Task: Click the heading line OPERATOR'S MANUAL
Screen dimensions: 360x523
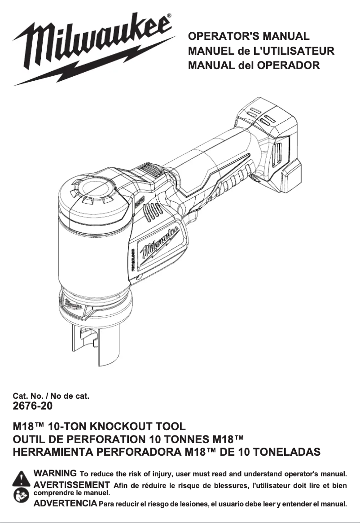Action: tap(249, 36)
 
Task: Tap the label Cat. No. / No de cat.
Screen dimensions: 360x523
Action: tap(52, 396)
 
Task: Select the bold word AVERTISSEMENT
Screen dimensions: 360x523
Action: tap(72, 484)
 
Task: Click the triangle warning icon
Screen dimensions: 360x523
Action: tap(22, 479)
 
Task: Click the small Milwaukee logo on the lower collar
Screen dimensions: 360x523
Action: tap(72, 304)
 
